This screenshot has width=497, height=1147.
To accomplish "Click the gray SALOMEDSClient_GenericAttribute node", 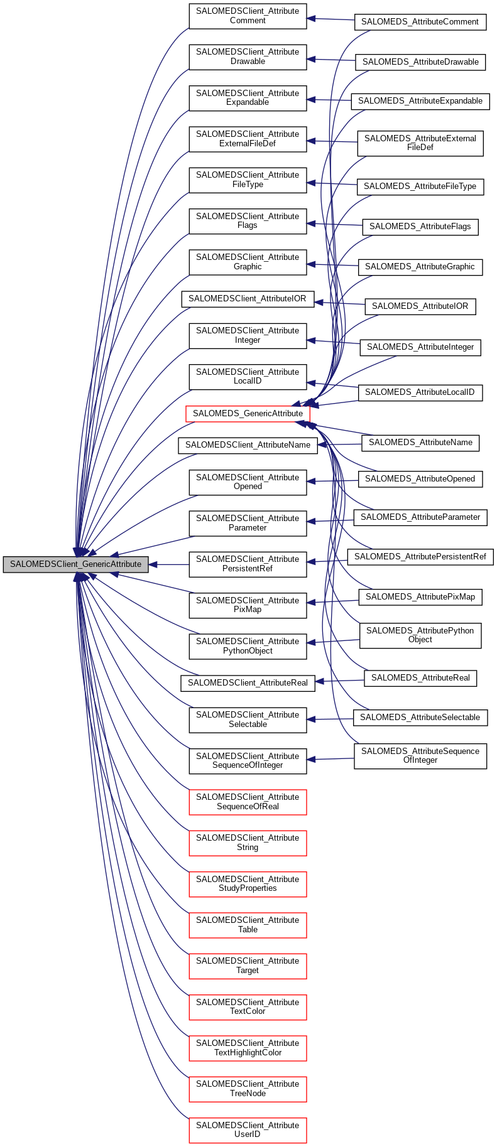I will pyautogui.click(x=75, y=564).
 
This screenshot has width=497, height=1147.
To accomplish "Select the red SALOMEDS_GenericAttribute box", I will pyautogui.click(x=248, y=414).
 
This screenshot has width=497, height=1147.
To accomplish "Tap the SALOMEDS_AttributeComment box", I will pyautogui.click(x=420, y=22).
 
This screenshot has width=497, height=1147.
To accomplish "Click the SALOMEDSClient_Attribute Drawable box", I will pyautogui.click(x=248, y=57).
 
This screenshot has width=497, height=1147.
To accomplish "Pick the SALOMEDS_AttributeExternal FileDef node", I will pyautogui.click(x=420, y=143).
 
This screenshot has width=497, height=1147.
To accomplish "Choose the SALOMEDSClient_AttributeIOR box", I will pyautogui.click(x=248, y=299).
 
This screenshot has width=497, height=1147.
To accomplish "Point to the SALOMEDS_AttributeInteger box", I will pyautogui.click(x=420, y=347).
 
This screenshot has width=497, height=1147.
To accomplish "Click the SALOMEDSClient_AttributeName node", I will pyautogui.click(x=248, y=445).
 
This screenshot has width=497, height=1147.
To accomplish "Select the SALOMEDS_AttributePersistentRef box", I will pyautogui.click(x=420, y=557).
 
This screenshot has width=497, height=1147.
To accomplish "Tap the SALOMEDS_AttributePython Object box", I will pyautogui.click(x=420, y=635).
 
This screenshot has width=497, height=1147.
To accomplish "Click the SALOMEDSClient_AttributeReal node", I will pyautogui.click(x=248, y=683).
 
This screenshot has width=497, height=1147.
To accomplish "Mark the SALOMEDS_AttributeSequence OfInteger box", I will pyautogui.click(x=420, y=756).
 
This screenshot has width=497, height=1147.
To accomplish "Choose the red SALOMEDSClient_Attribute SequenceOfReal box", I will pyautogui.click(x=248, y=802).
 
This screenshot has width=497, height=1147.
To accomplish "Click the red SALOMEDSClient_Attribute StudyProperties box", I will pyautogui.click(x=248, y=884).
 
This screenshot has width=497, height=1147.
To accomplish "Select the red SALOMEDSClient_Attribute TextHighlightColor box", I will pyautogui.click(x=248, y=1048).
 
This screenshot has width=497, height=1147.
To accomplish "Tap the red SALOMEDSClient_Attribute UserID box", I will pyautogui.click(x=248, y=1130).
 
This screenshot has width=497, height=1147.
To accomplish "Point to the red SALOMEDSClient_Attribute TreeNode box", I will pyautogui.click(x=248, y=1089).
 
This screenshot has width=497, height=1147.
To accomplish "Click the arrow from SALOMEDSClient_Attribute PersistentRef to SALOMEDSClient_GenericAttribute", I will pyautogui.click(x=170, y=564).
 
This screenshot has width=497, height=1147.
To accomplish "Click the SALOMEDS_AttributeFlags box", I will pyautogui.click(x=420, y=227).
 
